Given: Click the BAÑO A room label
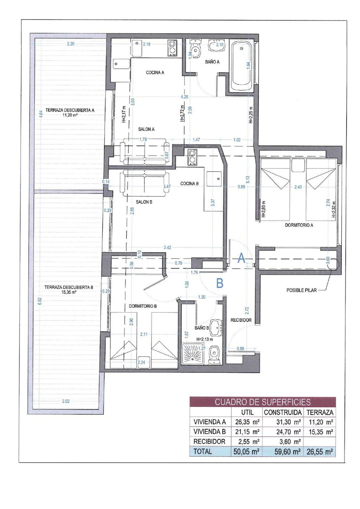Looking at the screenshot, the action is pos(212,62).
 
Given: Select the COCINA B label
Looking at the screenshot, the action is pos(189,184).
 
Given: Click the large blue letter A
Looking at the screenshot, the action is pos(242,258).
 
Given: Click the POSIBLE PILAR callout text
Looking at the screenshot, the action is pos(301,290).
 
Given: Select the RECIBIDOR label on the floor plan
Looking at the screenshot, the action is pos(241,320).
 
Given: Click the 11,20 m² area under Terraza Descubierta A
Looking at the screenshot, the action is pos(70,115).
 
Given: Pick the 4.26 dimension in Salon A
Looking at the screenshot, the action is pos(184,97).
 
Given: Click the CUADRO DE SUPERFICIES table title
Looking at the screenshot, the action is pos(263,402).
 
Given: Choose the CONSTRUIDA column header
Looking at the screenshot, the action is pos(283,413).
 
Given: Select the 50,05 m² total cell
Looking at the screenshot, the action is pos(246,452).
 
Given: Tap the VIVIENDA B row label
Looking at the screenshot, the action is pos(210,432).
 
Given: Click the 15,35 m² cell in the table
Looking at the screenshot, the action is pos(321,432).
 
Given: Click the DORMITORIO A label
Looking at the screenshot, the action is pos(299,225).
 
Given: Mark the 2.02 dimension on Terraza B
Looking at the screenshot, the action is pos(66,401).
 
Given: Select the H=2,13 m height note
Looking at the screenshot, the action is pos(204,339).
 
